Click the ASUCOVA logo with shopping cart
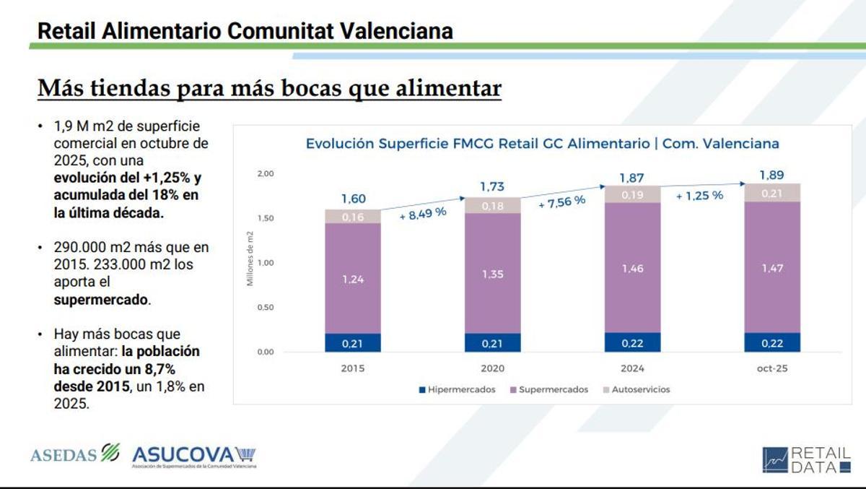tap(193, 456)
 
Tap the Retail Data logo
tap(806, 460)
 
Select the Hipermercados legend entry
tap(457, 389)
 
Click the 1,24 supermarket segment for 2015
tap(352, 279)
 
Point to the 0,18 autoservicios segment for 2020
tap(492, 206)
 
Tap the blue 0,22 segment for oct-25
tap(771, 342)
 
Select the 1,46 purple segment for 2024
tap(631, 268)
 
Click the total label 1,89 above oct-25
tap(771, 175)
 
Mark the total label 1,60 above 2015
tap(352, 199)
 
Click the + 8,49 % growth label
tap(423, 214)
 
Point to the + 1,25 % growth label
tap(699, 195)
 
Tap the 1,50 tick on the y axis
tap(266, 218)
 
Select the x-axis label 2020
tap(492, 367)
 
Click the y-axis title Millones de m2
tap(250, 258)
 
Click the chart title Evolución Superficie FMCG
tap(542, 143)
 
